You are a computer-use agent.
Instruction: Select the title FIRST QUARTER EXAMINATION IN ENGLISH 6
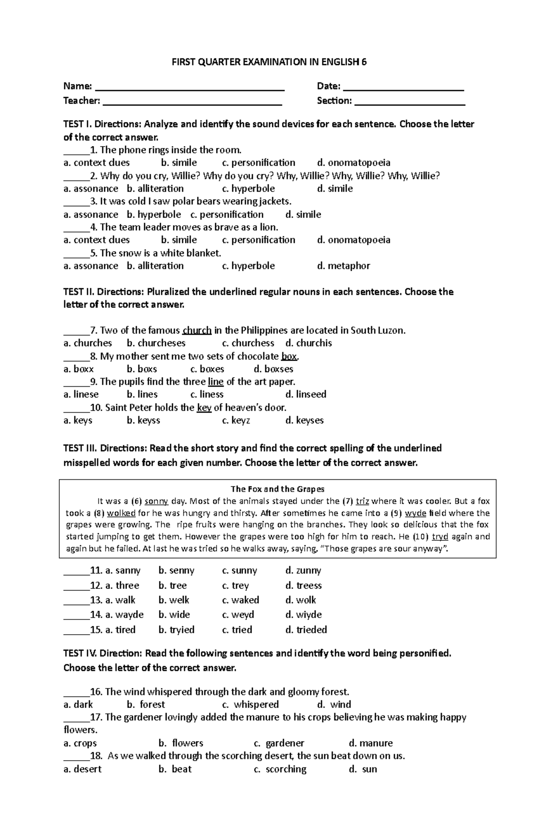coord(269,62)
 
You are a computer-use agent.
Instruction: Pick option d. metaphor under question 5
coord(344,266)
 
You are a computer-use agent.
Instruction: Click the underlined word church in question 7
coord(197,331)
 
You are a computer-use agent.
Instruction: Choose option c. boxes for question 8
coord(207,369)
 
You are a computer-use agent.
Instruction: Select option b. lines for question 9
coord(142,395)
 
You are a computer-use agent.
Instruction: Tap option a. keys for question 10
coord(78,421)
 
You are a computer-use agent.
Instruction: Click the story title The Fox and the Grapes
coord(277,489)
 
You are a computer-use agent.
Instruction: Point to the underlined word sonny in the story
coord(156,501)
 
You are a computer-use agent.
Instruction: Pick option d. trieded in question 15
coord(306,630)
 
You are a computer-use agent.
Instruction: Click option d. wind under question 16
coord(334,705)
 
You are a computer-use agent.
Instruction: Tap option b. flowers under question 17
coord(181,743)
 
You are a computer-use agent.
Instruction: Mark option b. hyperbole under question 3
coord(154,214)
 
